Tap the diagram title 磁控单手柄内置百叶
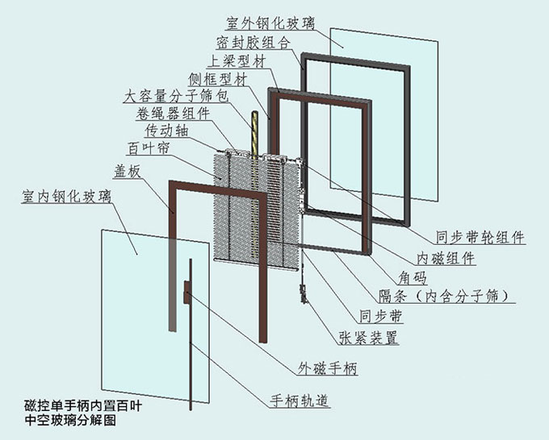point(83,407)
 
